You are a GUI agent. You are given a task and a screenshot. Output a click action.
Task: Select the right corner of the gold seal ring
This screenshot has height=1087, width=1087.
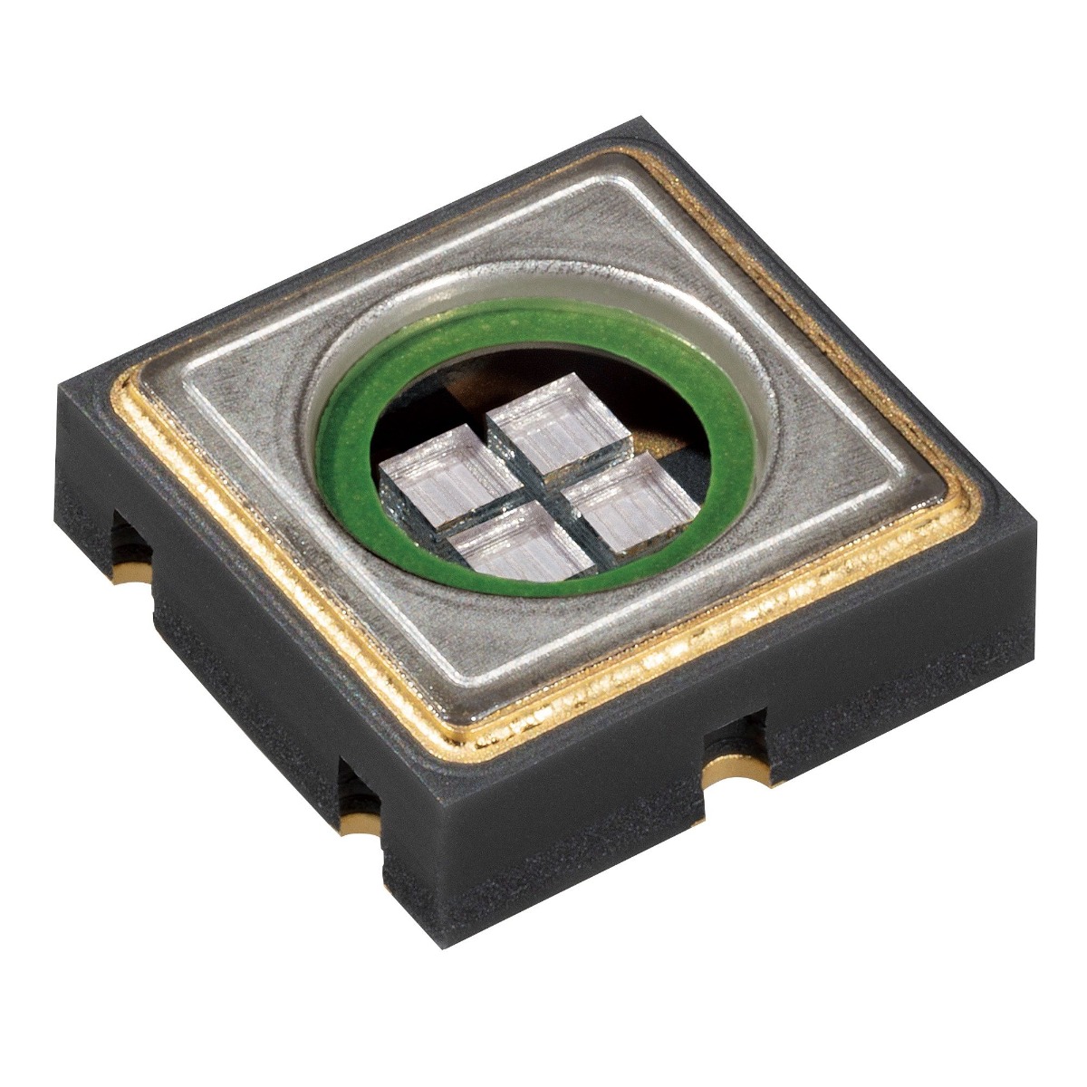click(x=978, y=494)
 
